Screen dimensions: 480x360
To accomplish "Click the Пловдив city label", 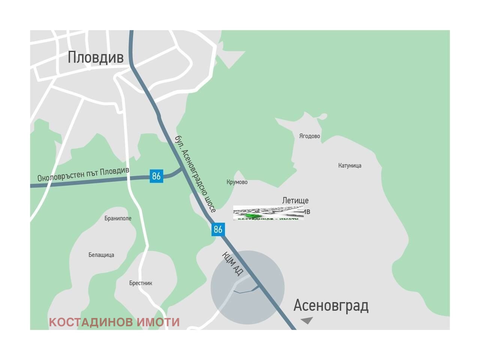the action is click(96, 57).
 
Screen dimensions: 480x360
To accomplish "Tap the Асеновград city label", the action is click(331, 306).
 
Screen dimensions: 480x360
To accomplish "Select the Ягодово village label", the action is click(309, 136).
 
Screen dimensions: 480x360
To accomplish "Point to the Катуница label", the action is click(349, 165).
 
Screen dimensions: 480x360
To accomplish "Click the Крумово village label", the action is click(237, 182).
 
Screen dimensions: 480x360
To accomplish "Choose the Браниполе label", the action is click(118, 218).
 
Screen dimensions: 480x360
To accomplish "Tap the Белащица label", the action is click(101, 255).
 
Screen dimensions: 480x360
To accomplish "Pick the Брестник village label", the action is click(141, 283).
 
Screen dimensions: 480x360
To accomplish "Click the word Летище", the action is click(295, 201).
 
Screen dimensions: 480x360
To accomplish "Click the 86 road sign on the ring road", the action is click(156, 176).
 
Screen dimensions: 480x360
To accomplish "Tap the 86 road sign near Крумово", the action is click(218, 229).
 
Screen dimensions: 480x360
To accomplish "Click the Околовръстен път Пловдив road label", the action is click(83, 175).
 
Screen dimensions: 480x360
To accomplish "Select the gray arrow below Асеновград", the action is click(307, 320).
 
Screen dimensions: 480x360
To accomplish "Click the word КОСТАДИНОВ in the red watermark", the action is click(91, 322).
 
